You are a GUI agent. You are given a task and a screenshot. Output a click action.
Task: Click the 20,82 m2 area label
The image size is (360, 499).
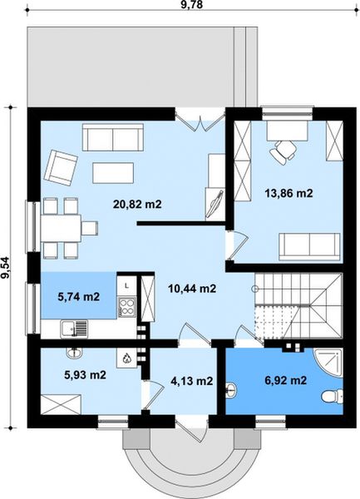point(137,204)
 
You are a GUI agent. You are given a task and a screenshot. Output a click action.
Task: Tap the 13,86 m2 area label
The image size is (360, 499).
point(288,193)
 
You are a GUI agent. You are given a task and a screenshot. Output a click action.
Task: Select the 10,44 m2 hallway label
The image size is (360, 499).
point(192,289)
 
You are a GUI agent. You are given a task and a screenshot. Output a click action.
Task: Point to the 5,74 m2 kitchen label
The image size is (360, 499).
point(78,297)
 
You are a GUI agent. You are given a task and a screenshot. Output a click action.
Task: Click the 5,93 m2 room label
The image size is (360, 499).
point(86,375)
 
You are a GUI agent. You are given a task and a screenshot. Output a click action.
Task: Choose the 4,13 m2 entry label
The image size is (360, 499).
point(192,381)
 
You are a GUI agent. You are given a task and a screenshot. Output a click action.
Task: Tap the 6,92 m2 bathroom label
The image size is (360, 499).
point(285,380)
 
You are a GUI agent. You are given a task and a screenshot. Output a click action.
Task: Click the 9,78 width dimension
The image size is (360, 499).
point(192,4)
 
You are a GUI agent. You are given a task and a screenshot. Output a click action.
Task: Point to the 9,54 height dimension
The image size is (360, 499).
point(6,267)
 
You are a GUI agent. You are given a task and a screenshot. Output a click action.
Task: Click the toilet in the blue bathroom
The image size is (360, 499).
point(332,397)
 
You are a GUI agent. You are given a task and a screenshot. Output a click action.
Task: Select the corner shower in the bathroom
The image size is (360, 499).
point(328,363)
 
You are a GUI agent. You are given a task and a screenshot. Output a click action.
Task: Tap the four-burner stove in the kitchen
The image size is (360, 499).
point(126,306)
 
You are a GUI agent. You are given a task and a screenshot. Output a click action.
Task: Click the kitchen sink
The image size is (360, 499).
point(74,329)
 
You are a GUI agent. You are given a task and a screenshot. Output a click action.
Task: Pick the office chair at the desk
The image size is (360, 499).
point(283,151)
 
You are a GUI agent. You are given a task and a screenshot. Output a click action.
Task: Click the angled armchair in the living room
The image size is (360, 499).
point(61,168)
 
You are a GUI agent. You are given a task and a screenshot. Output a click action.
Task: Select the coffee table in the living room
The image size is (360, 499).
point(113,173)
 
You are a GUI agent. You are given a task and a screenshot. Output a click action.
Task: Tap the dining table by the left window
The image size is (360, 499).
point(61,229)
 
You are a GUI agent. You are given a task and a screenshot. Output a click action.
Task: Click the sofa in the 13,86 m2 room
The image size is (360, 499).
point(310,247)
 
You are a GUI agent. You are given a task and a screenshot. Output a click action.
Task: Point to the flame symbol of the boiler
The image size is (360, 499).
point(126,358)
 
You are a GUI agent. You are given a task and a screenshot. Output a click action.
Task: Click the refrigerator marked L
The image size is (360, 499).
point(126,285)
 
